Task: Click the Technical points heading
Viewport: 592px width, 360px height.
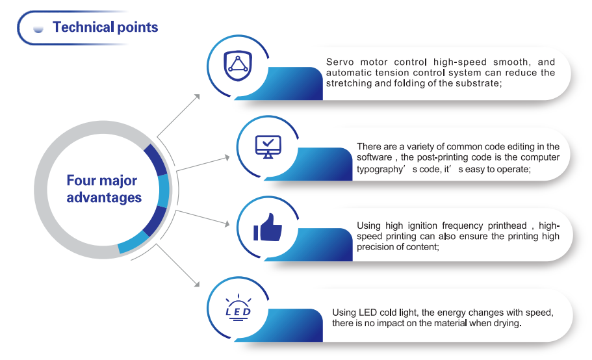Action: point(105,27)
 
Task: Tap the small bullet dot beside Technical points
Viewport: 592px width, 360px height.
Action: point(38,29)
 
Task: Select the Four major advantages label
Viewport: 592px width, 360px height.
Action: point(104,188)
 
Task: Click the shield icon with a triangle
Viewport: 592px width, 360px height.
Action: point(237,66)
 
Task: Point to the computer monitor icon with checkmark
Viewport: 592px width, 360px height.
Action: point(268,147)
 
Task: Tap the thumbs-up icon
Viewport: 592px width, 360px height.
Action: point(268,227)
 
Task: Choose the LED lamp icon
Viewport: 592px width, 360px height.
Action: point(238,307)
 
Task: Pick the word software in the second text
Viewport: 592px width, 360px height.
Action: point(374,157)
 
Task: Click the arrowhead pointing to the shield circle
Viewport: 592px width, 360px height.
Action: point(197,97)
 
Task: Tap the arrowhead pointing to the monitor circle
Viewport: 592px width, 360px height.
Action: point(227,157)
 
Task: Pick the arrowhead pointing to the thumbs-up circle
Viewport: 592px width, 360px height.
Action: point(227,224)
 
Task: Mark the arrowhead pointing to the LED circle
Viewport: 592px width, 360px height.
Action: point(197,284)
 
